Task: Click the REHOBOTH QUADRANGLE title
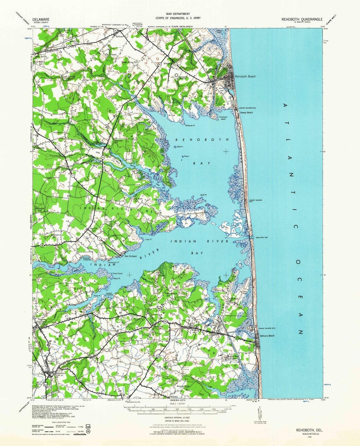click(x=302, y=19)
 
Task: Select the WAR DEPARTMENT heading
click(x=178, y=14)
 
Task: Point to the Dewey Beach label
click(x=246, y=113)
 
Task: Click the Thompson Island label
click(x=223, y=118)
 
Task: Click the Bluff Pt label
click(x=203, y=195)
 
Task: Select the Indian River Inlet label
click(x=261, y=237)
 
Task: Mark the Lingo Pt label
click(x=148, y=240)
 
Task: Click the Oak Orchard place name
click(x=130, y=256)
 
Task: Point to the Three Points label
click(x=117, y=274)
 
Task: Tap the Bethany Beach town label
click(x=267, y=336)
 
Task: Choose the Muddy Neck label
click(x=233, y=356)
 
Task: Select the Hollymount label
click(x=59, y=132)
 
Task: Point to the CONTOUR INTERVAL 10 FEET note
click(x=178, y=418)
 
